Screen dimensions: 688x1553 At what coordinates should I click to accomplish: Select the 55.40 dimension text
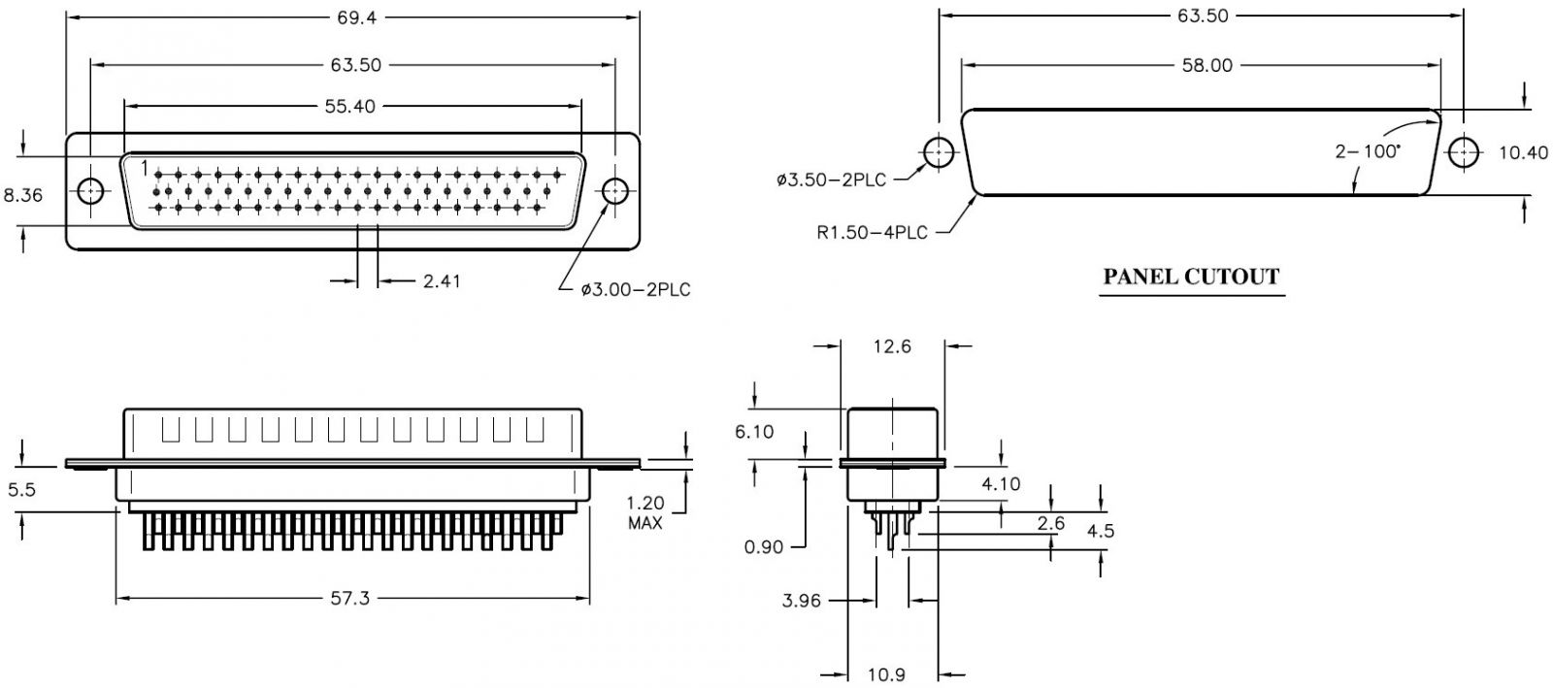pyautogui.click(x=349, y=106)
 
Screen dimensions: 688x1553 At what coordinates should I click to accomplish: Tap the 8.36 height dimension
pyautogui.click(x=23, y=195)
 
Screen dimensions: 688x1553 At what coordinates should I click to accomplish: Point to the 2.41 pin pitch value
pyautogui.click(x=441, y=281)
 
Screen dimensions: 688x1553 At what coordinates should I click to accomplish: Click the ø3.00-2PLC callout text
pyautogui.click(x=636, y=289)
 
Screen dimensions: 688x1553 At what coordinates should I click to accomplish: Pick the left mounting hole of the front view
pyautogui.click(x=90, y=190)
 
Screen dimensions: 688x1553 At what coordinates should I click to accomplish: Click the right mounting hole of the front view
pyautogui.click(x=614, y=190)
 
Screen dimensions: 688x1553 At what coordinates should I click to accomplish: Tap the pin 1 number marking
pyautogui.click(x=145, y=168)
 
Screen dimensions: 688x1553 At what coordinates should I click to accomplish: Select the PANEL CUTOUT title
pyautogui.click(x=1191, y=278)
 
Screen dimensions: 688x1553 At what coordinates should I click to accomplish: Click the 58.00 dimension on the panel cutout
pyautogui.click(x=1207, y=65)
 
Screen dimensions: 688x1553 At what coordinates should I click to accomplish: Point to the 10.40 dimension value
pyautogui.click(x=1523, y=153)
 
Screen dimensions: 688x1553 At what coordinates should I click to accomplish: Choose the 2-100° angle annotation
pyautogui.click(x=1368, y=151)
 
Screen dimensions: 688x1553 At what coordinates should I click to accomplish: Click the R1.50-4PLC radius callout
pyautogui.click(x=872, y=232)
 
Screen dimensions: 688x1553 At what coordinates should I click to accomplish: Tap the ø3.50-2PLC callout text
pyautogui.click(x=831, y=180)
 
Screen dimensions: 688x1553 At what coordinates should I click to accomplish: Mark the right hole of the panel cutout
pyautogui.click(x=1465, y=152)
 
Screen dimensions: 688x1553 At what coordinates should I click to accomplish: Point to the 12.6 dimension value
pyautogui.click(x=892, y=345)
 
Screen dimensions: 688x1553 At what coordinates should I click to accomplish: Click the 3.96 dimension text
pyautogui.click(x=802, y=601)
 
